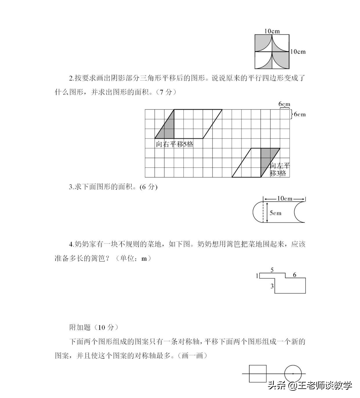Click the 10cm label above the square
[272, 31]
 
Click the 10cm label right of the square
[298, 52]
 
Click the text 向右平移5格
[174, 144]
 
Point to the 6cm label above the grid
[284, 104]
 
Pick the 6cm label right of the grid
[300, 114]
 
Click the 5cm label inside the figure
[275, 213]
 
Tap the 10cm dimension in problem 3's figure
[285, 199]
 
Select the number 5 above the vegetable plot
[272, 270]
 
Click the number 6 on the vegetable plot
[294, 275]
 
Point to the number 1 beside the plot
[257, 276]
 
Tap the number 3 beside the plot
[272, 286]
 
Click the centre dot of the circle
[293, 374]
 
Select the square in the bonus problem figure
[258, 374]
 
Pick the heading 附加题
[80, 327]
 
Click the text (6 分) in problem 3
[148, 187]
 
